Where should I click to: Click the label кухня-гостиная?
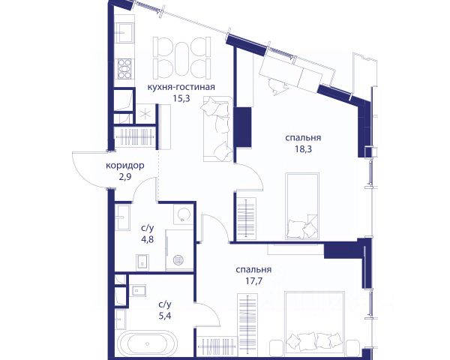[x=181, y=87]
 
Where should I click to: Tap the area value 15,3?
[x=181, y=98]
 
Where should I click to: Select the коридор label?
[x=124, y=166]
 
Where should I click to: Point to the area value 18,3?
[x=303, y=149]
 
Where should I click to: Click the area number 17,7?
[x=253, y=280]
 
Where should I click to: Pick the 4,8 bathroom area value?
[x=148, y=239]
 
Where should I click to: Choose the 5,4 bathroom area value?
[x=165, y=316]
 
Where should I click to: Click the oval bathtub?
[x=147, y=343]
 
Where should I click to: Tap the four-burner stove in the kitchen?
[x=124, y=69]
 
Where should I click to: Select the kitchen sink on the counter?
[x=124, y=32]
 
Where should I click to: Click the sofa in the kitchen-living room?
[x=218, y=129]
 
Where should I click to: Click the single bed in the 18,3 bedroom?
[x=302, y=205]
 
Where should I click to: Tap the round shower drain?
[x=178, y=260]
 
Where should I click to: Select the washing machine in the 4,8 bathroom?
[x=183, y=214]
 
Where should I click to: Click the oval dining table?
[x=181, y=58]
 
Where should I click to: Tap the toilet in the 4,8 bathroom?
[x=142, y=262]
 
